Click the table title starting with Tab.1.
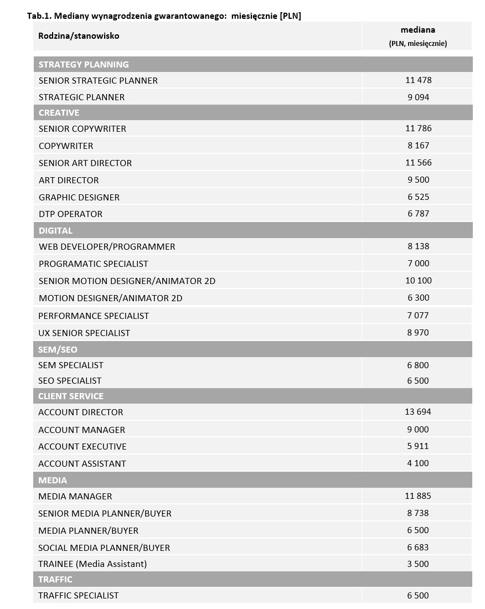click(164, 16)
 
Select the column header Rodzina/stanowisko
click(79, 36)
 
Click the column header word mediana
click(417, 30)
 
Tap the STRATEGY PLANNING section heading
click(84, 64)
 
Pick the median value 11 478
click(418, 80)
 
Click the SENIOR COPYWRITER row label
click(82, 128)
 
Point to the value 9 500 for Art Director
click(418, 180)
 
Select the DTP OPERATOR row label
click(70, 214)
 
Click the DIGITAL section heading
click(55, 230)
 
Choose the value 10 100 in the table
click(418, 281)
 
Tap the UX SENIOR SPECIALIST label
click(84, 333)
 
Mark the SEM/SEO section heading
click(58, 350)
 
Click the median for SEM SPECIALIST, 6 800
click(418, 365)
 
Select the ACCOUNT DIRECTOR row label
click(81, 412)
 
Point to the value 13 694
click(418, 412)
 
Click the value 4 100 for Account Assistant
click(418, 463)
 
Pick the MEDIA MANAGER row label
click(75, 496)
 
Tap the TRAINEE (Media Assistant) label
click(92, 564)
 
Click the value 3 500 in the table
click(418, 564)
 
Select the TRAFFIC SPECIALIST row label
click(79, 595)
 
